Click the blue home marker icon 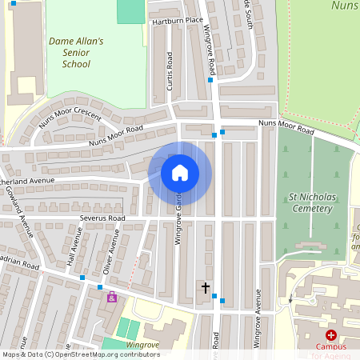(x=180, y=173)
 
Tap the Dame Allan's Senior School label (x=76, y=52)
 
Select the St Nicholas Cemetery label (x=310, y=202)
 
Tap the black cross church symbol (x=205, y=287)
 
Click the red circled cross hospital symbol (x=330, y=335)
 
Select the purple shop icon (x=111, y=298)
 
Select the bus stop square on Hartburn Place (x=210, y=80)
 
